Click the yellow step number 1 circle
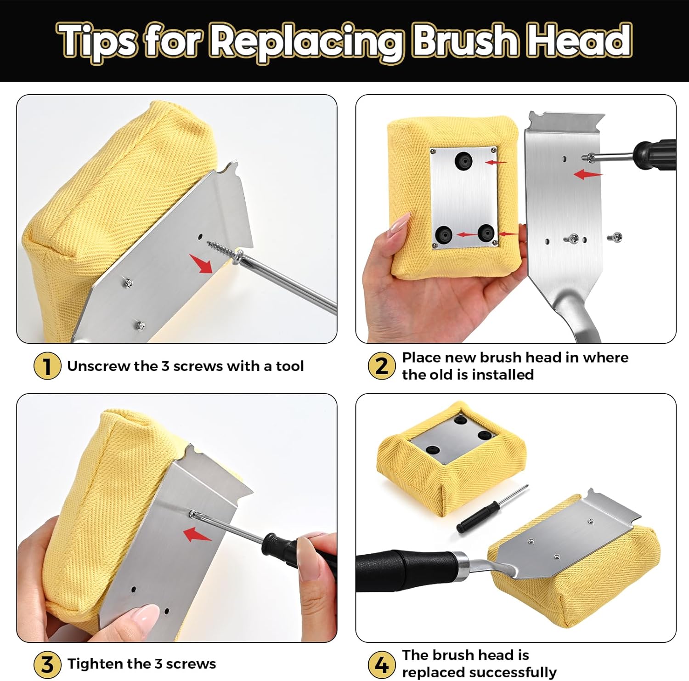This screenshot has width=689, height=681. pos(47,366)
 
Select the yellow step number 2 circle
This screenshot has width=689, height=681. pos(381,366)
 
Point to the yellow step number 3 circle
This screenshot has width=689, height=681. pos(47,664)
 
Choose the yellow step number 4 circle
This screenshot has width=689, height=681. pos(381,664)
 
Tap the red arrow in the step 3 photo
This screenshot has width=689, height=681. pos(197,534)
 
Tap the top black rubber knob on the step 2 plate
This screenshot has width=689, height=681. pos(463,161)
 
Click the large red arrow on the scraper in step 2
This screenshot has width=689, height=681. pos(588,174)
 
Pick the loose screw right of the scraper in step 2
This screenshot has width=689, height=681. pos(614,238)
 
